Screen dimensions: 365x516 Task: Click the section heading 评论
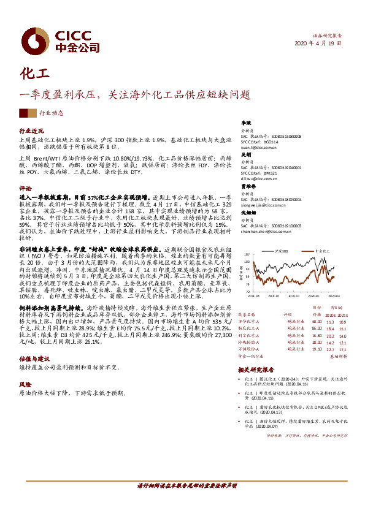(25, 188)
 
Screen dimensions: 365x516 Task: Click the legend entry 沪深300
(282, 251)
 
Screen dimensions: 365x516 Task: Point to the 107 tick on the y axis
(247, 254)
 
